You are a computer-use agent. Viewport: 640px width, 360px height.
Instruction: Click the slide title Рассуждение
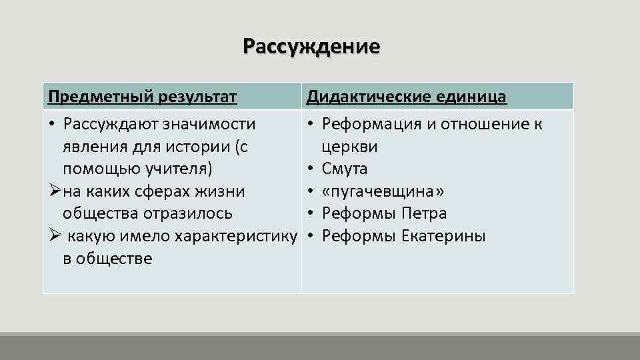pos(311,47)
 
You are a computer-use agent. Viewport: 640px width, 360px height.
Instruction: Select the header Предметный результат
pos(143,97)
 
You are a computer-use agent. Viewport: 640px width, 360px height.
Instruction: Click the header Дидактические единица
pos(406,97)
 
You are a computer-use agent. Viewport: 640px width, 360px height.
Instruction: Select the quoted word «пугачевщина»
pos(383,191)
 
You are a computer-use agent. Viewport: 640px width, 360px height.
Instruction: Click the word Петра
pos(425,214)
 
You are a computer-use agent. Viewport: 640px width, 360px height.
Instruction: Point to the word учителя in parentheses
pos(180,169)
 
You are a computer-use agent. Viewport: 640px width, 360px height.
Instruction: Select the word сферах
pos(175,191)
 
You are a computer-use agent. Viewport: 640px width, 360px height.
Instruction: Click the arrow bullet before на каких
pos(54,191)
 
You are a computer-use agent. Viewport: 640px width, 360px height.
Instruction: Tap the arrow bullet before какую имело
pos(54,237)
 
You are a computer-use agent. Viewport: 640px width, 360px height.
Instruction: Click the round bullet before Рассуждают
pos(52,125)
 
